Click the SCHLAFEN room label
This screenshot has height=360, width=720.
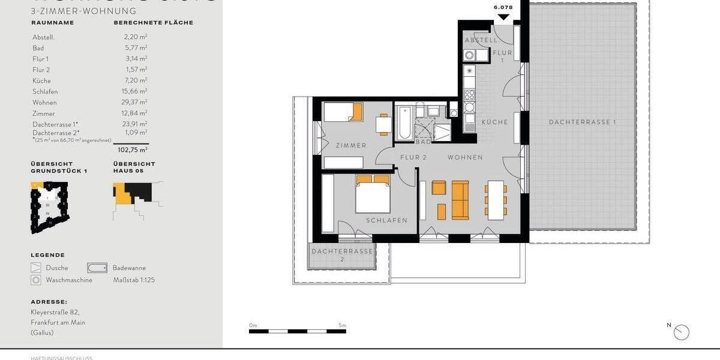(387, 220)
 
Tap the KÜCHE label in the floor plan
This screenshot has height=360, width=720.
(494, 122)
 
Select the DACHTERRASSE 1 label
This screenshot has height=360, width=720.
(582, 122)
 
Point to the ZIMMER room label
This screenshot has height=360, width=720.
(351, 146)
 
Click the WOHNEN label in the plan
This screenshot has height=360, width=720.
(465, 157)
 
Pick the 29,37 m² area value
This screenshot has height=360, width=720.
(136, 103)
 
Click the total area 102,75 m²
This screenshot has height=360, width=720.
(133, 150)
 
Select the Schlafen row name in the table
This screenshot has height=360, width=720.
(45, 92)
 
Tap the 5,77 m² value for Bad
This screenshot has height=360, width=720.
(136, 48)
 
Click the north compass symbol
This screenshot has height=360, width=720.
(682, 332)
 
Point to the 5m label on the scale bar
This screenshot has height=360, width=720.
(342, 325)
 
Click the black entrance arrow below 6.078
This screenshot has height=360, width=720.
(503, 17)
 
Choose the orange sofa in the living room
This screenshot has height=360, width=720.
(460, 200)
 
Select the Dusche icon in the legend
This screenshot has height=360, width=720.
(37, 268)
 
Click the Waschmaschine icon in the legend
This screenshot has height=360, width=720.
(37, 280)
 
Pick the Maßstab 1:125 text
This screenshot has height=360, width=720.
(134, 280)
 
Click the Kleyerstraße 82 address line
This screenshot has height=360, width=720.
(55, 312)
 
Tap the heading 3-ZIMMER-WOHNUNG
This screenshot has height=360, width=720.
(83, 11)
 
